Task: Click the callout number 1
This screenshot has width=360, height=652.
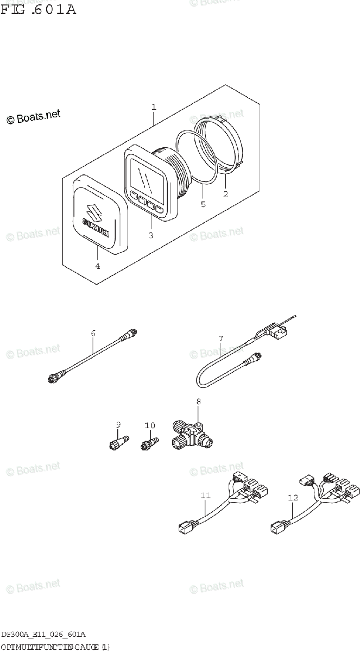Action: pos(154,107)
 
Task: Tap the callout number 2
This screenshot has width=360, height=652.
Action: pos(225,193)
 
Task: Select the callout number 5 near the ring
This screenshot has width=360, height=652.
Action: pos(203,205)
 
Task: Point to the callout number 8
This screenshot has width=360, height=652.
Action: pos(199,402)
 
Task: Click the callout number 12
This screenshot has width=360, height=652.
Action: pos(293,497)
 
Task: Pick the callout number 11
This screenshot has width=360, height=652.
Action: pos(205,495)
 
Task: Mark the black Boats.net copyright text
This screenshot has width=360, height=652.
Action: pos(33,117)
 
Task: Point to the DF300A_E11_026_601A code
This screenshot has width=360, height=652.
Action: pos(43,634)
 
